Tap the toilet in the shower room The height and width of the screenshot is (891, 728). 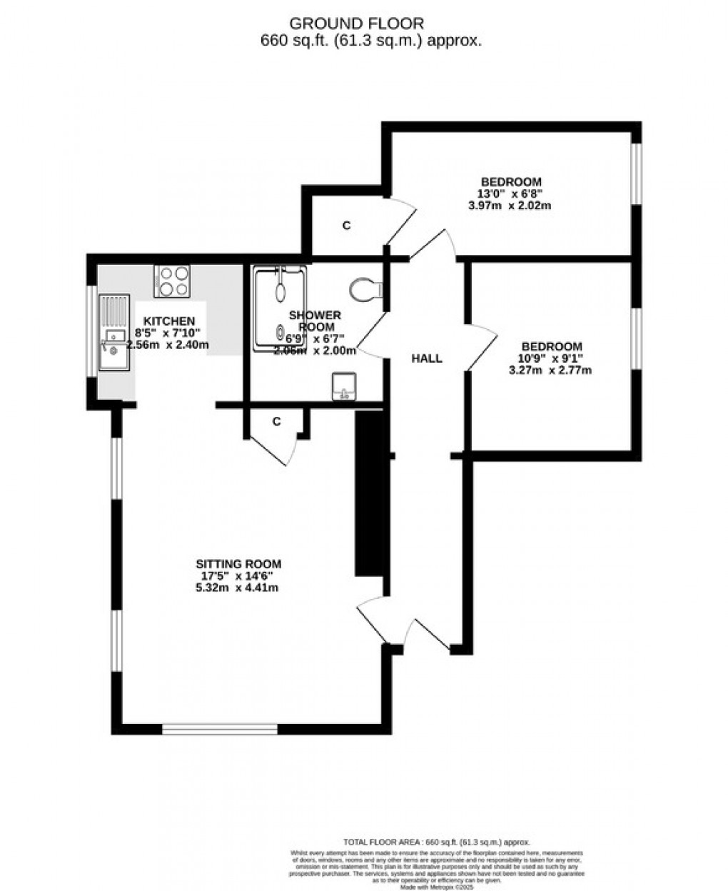(x=365, y=290)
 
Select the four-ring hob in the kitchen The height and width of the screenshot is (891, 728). (x=172, y=281)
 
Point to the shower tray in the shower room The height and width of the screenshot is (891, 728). (x=280, y=309)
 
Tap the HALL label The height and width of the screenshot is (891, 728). (x=426, y=358)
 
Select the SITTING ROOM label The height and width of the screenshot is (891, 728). (x=236, y=563)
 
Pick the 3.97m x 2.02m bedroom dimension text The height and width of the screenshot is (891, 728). (x=510, y=206)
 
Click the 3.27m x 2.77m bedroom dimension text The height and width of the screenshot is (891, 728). (x=550, y=370)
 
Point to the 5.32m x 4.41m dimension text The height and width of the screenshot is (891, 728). (x=236, y=588)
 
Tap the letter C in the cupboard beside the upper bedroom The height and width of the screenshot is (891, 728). (x=347, y=226)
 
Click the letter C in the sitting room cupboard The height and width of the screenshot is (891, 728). (x=276, y=422)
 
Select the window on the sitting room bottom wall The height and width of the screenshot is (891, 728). (x=219, y=729)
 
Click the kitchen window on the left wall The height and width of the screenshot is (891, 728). (x=91, y=330)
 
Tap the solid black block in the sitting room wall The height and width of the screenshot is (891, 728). (x=369, y=493)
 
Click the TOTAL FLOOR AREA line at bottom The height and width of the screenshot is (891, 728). (x=437, y=842)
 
